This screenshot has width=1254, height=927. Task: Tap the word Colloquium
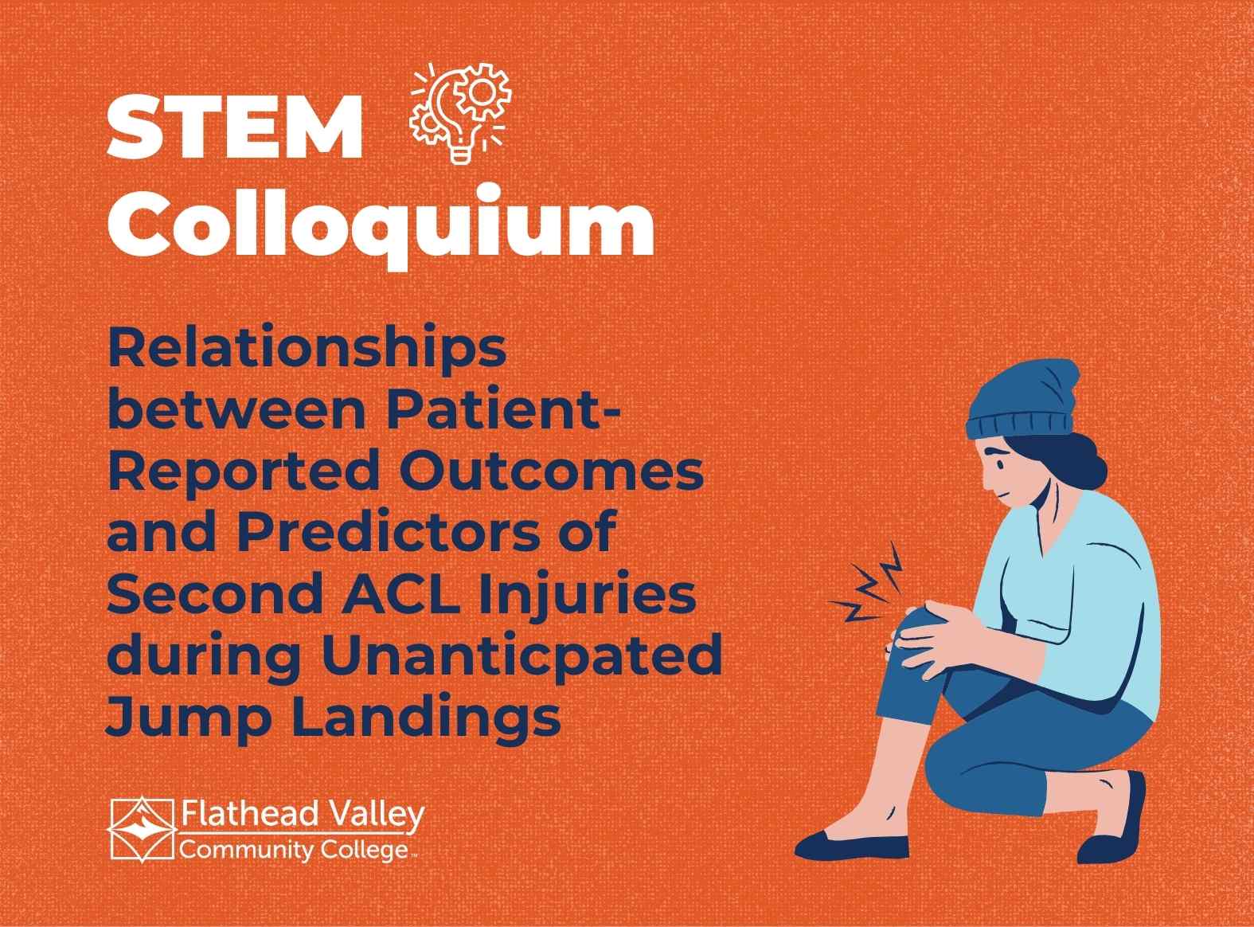click(x=381, y=225)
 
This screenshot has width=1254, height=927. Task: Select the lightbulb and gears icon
click(x=459, y=112)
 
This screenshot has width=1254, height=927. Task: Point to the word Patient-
click(x=503, y=409)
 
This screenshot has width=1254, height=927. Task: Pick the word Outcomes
click(x=551, y=471)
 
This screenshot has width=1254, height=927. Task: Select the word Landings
click(x=426, y=718)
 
